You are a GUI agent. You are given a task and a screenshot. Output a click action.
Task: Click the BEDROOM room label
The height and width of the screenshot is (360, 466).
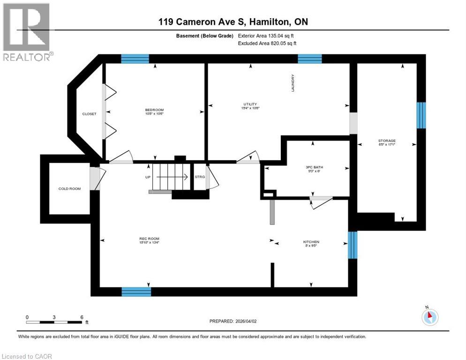[154, 110]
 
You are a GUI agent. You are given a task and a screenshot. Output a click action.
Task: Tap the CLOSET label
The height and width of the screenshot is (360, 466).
[89, 114]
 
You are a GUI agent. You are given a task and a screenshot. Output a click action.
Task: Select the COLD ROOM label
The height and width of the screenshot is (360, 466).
[69, 189]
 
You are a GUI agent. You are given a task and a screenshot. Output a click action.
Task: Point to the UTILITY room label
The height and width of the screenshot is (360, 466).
[250, 105]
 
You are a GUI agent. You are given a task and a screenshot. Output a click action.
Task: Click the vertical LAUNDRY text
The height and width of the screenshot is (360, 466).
[293, 82]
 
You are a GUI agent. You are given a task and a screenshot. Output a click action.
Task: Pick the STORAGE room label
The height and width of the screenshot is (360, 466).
[387, 141]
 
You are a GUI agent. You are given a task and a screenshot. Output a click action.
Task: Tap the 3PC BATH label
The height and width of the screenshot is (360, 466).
[311, 167]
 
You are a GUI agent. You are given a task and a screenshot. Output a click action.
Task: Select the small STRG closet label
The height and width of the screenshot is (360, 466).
[200, 177]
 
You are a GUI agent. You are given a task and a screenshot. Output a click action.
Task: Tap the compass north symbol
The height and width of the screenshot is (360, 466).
[429, 316]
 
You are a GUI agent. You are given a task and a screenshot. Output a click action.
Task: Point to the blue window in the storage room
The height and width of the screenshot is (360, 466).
[421, 115]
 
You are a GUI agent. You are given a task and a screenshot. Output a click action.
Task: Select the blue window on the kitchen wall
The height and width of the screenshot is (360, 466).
[353, 245]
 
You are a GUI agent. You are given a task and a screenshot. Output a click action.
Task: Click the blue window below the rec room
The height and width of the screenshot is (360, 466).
[136, 292]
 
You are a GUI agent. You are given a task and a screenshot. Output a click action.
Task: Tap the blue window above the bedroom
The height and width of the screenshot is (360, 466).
[135, 59]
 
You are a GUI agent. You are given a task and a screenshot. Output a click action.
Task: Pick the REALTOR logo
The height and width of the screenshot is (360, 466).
[26, 31]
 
